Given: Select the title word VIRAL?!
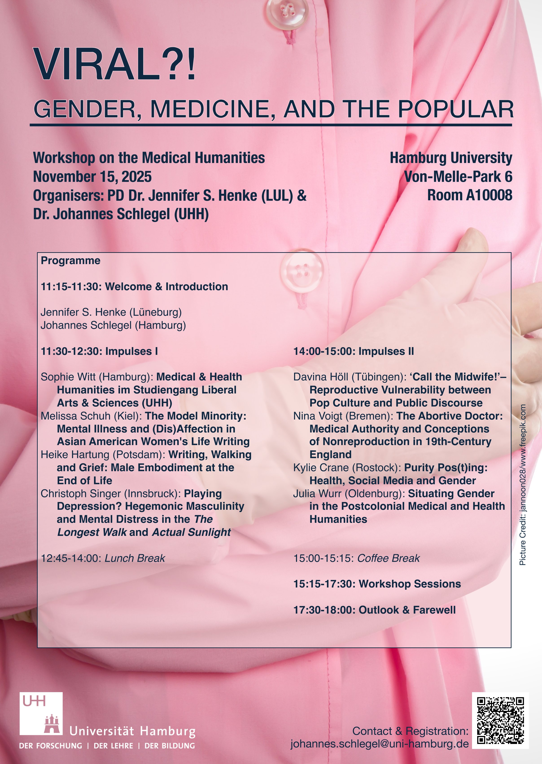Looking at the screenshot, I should [114, 64].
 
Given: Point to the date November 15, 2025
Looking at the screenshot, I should [92, 177].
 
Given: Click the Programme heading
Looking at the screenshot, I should [70, 261].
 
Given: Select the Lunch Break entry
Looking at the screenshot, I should [135, 558].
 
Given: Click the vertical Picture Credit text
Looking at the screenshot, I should [523, 484].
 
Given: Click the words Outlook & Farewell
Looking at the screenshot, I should [407, 610].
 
